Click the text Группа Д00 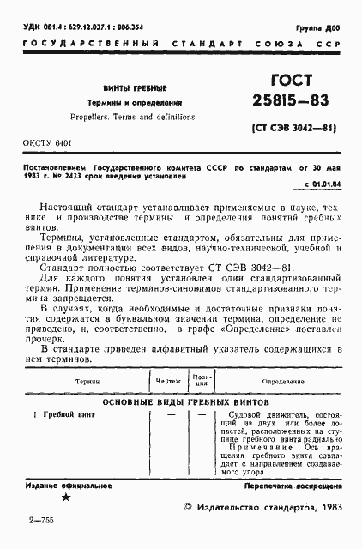pyautogui.click(x=322, y=27)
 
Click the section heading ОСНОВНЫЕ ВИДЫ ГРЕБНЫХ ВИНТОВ pyautogui.click(x=186, y=401)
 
